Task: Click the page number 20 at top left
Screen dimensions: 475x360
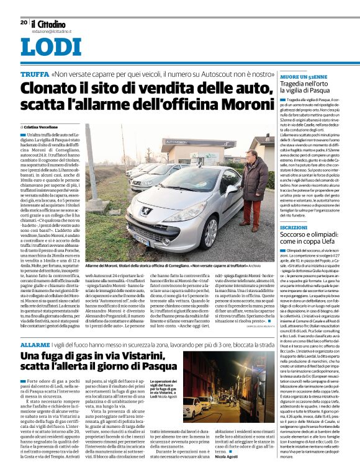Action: [24, 22]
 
